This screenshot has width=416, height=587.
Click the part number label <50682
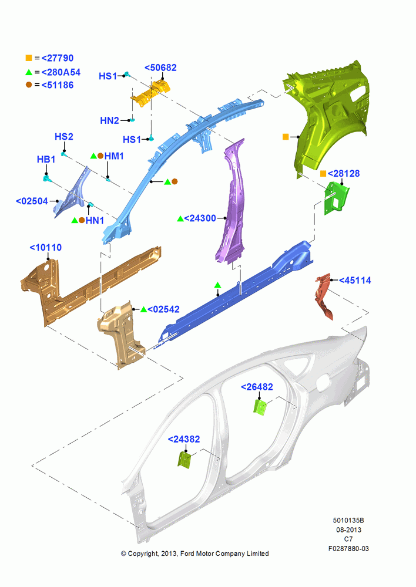pyautogui.click(x=160, y=68)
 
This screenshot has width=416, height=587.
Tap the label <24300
pyautogui.click(x=200, y=218)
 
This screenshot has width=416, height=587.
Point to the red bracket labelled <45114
pyautogui.click(x=324, y=296)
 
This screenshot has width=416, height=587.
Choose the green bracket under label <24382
pyautogui.click(x=184, y=460)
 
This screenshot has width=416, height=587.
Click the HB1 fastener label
pyautogui.click(x=46, y=160)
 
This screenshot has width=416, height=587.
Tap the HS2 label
pyautogui.click(x=64, y=137)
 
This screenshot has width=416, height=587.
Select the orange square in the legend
pyautogui.click(x=29, y=58)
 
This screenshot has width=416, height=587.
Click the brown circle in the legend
pyautogui.click(x=29, y=85)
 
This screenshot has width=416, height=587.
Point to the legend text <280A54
pyautogui.click(x=61, y=72)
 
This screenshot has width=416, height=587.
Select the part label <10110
pyautogui.click(x=46, y=248)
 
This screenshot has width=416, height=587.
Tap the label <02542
pyautogui.click(x=163, y=309)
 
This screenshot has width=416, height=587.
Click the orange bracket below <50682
pyautogui.click(x=150, y=93)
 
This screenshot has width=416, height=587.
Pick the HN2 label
pyautogui.click(x=109, y=120)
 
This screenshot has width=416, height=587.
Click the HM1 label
pyautogui.click(x=114, y=156)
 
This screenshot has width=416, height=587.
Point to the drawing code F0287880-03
pyautogui.click(x=348, y=548)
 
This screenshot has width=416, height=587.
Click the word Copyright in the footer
pyautogui.click(x=143, y=554)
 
